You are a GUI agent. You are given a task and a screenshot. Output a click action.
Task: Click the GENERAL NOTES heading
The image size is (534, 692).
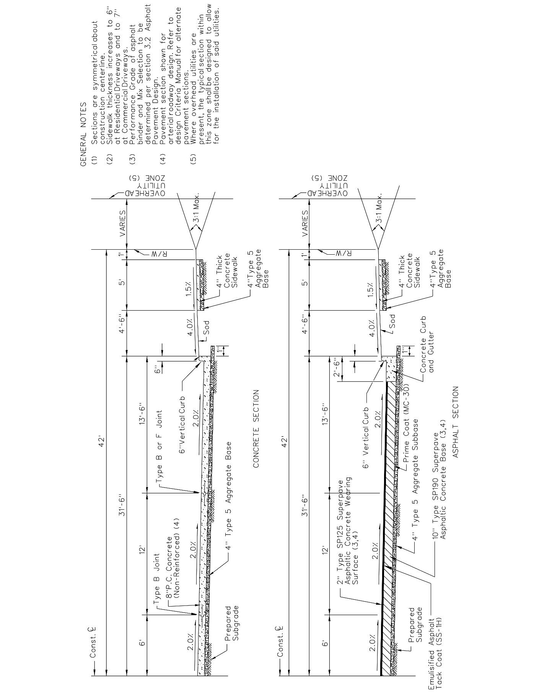coord(83,134)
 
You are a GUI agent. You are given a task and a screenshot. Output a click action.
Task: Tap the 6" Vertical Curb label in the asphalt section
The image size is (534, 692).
coord(366,436)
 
